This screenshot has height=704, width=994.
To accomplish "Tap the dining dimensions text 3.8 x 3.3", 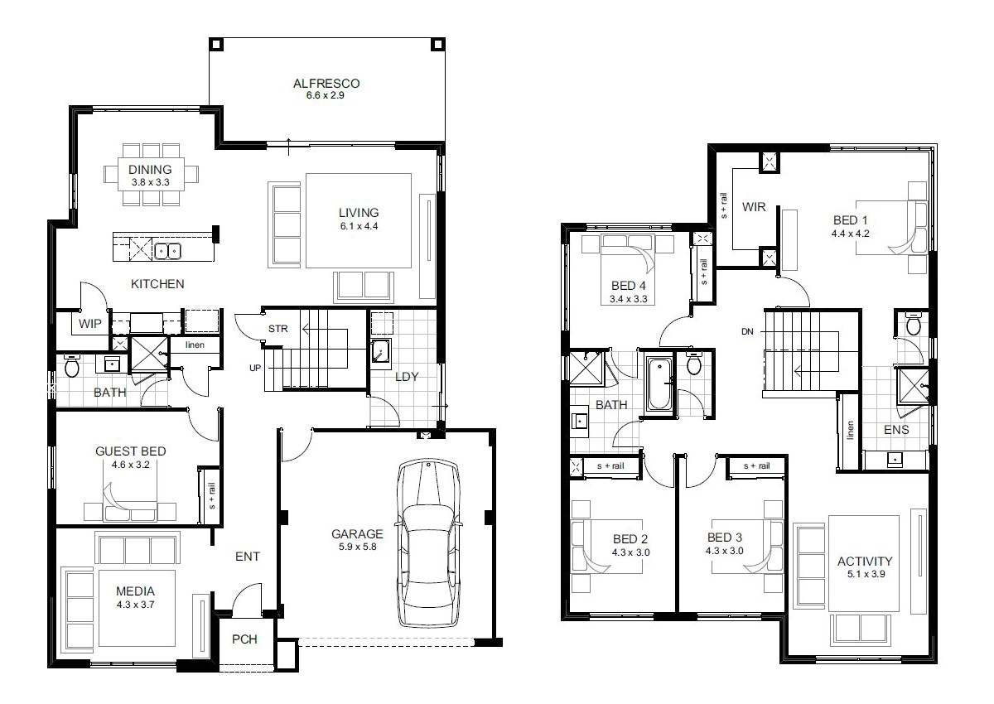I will pyautogui.click(x=150, y=181).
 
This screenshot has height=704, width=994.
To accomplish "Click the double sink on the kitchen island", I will pyautogui.click(x=169, y=249).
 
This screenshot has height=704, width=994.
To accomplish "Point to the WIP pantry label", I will pyautogui.click(x=90, y=324).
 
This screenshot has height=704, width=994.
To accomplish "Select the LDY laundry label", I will pyautogui.click(x=406, y=376).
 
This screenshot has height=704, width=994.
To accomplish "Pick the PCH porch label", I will pyautogui.click(x=244, y=639).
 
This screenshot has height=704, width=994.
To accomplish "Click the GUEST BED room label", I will pyautogui.click(x=131, y=451).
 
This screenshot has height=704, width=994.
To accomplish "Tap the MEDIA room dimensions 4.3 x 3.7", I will pyautogui.click(x=136, y=605).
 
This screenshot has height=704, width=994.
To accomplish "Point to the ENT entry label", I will pyautogui.click(x=247, y=557).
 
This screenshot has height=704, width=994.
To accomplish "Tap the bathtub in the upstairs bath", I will pyautogui.click(x=659, y=383).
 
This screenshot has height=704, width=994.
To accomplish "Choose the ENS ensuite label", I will pyautogui.click(x=896, y=429).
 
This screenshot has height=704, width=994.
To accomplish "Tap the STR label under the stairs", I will pyautogui.click(x=277, y=329).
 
